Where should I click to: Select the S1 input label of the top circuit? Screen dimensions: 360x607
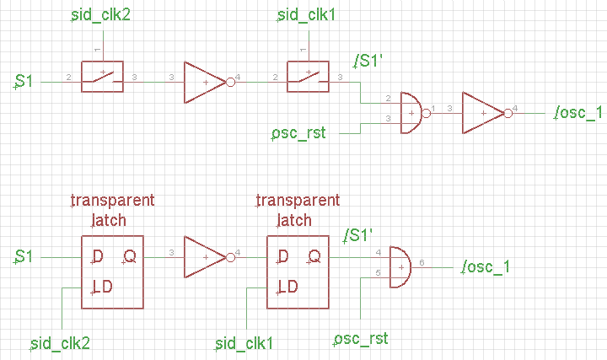coord(24,81)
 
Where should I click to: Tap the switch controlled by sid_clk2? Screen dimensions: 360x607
coord(102,75)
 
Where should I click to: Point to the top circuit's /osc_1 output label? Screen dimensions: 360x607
coord(577,113)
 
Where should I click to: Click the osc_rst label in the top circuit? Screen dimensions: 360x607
coord(298,133)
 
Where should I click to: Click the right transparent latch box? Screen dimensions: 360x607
coord(298,271)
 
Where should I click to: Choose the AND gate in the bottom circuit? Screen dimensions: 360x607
coord(400,267)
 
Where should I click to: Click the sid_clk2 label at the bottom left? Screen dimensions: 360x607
coord(60,342)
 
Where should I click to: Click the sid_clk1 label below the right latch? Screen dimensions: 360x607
coord(245,342)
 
